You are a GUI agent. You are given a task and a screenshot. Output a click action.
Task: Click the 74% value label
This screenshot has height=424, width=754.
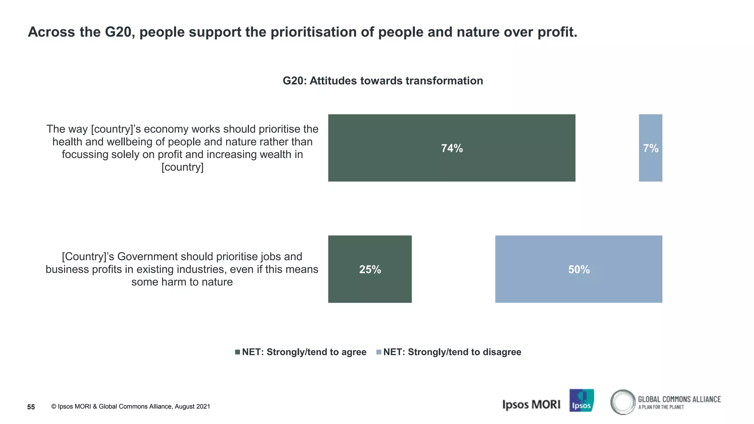click(x=452, y=148)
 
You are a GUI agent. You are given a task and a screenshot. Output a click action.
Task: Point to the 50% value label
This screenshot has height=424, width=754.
click(x=579, y=269)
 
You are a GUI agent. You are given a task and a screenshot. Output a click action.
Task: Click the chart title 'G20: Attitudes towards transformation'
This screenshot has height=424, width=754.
click(x=383, y=81)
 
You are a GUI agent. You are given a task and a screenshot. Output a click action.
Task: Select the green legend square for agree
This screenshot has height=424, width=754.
click(x=237, y=352)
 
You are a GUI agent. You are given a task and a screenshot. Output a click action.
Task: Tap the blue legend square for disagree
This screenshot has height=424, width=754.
click(x=378, y=352)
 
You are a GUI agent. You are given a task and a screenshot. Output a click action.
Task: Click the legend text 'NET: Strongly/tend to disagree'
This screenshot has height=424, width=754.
click(x=452, y=352)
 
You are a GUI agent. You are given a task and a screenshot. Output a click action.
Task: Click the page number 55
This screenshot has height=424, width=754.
click(x=31, y=407)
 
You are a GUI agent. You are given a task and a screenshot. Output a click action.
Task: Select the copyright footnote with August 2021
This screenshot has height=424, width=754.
click(x=131, y=406)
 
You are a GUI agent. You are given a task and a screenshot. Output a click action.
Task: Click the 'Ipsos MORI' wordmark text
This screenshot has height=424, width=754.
click(x=531, y=404)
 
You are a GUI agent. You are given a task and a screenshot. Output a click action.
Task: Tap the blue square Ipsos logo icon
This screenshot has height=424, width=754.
click(x=581, y=400)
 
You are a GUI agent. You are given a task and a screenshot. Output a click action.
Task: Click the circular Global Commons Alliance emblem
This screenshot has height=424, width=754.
click(x=623, y=402)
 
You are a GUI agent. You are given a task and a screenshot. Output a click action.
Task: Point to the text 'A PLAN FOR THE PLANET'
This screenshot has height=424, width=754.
click(x=661, y=407)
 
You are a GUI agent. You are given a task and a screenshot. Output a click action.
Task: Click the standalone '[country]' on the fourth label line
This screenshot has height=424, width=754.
click(x=182, y=167)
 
